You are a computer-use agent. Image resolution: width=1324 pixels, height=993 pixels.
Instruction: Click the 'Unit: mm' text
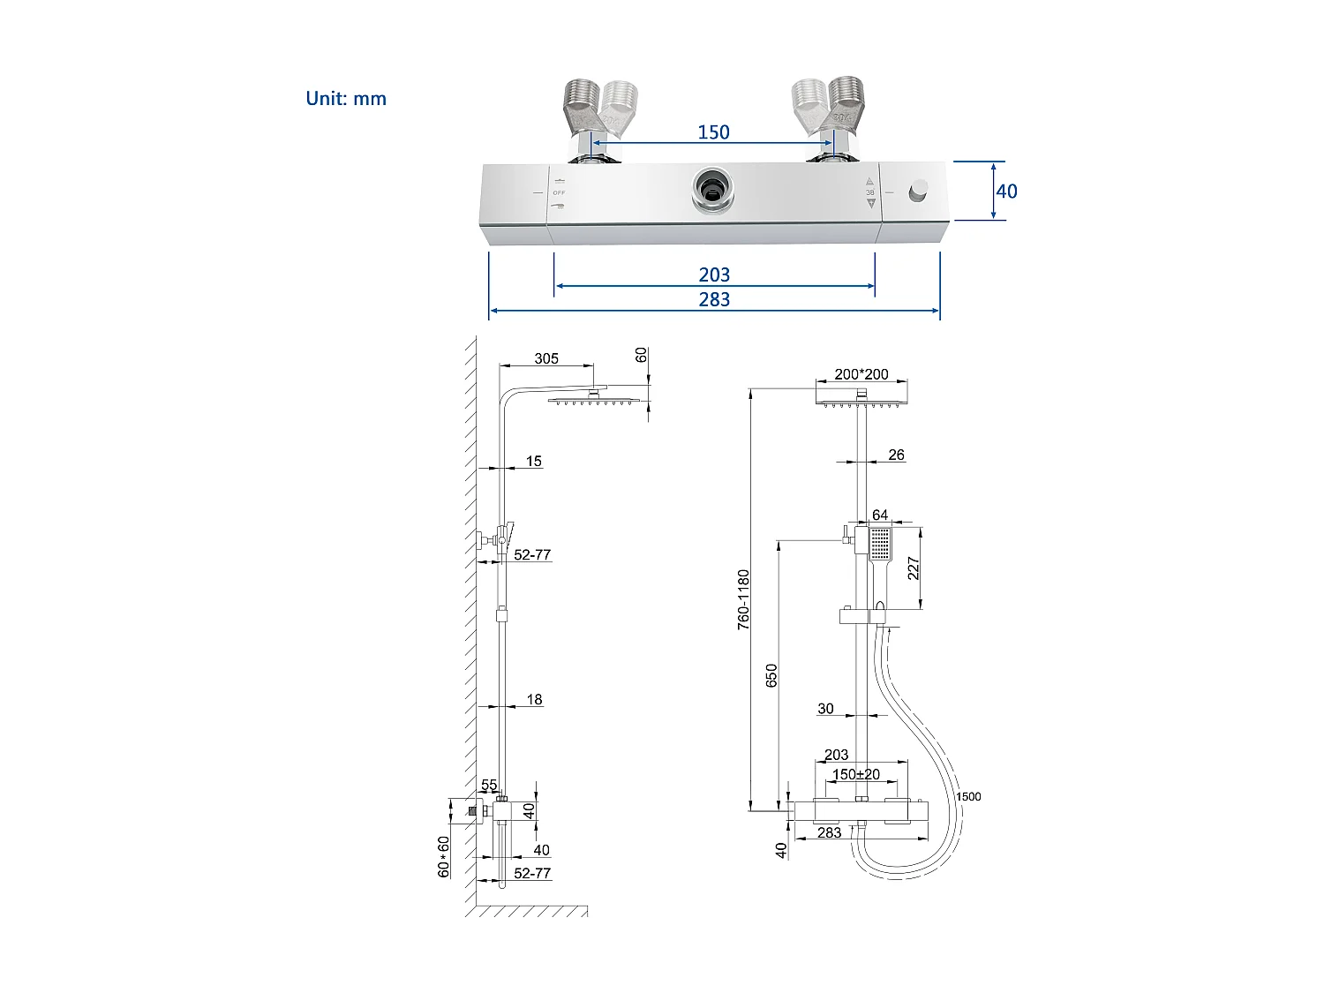pyautogui.click(x=346, y=99)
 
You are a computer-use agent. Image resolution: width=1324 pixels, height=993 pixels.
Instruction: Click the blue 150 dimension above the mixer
pyautogui.click(x=713, y=132)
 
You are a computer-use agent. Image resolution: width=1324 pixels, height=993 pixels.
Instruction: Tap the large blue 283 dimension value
pyautogui.click(x=714, y=300)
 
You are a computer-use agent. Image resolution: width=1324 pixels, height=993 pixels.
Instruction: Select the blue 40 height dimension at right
pyautogui.click(x=1006, y=192)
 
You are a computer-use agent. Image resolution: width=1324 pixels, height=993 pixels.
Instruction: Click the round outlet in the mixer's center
pyautogui.click(x=711, y=188)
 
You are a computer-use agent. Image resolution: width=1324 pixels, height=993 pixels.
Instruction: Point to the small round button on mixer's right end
pyautogui.click(x=919, y=190)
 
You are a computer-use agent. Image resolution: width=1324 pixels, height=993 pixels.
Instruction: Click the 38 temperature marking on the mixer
pyautogui.click(x=869, y=192)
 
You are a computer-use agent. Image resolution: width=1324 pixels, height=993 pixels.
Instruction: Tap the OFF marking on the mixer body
pyautogui.click(x=559, y=192)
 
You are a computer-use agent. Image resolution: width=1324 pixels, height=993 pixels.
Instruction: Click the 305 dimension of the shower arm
pyautogui.click(x=546, y=358)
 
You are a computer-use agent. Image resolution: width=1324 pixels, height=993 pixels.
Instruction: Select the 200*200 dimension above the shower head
pyautogui.click(x=861, y=374)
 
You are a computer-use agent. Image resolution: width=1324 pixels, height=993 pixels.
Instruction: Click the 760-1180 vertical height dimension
pyautogui.click(x=744, y=598)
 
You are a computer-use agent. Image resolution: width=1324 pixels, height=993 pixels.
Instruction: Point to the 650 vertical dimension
pyautogui.click(x=772, y=675)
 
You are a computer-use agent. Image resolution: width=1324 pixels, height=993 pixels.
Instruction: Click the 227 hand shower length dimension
pyautogui.click(x=914, y=568)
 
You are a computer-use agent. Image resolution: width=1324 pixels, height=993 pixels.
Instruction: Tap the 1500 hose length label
pyautogui.click(x=968, y=796)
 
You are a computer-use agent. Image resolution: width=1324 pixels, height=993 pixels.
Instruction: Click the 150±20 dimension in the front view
pyautogui.click(x=856, y=774)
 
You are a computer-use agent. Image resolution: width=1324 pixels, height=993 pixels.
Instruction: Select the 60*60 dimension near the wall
pyautogui.click(x=444, y=856)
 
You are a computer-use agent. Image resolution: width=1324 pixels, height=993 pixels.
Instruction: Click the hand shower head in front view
pyautogui.click(x=880, y=544)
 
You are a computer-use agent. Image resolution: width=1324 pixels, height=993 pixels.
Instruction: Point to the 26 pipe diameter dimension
pyautogui.click(x=896, y=455)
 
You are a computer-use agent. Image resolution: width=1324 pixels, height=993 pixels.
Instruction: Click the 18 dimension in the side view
pyautogui.click(x=534, y=700)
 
